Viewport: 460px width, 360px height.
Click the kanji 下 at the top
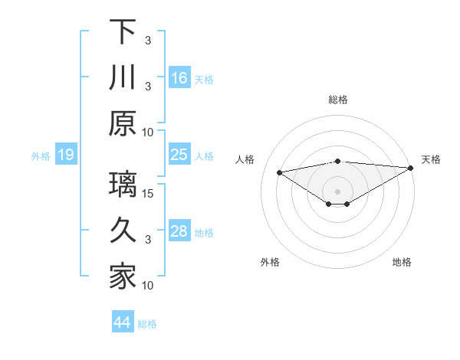123,32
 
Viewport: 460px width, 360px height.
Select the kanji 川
123,78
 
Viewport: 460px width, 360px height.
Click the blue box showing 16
179,77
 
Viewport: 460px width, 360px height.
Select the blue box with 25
179,155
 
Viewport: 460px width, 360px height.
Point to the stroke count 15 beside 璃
149,193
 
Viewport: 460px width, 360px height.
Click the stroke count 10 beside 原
149,131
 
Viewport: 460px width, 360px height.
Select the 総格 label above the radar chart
338,100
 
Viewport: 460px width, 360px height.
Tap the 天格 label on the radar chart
431,159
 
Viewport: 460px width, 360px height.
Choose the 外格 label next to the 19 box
41,156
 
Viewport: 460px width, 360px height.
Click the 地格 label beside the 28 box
205,233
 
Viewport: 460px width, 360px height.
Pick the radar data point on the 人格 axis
279,172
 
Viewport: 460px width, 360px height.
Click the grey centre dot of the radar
338,191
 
